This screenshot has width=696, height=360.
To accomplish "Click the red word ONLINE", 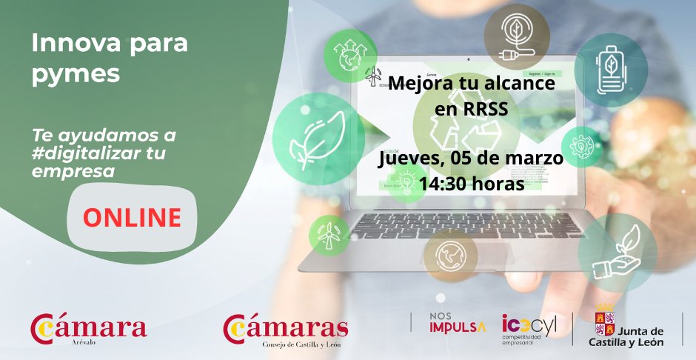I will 132,218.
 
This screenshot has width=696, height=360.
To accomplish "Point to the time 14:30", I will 446,182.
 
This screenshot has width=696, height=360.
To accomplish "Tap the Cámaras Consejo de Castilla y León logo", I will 286,329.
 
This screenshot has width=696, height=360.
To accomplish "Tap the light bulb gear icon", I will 581,146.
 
